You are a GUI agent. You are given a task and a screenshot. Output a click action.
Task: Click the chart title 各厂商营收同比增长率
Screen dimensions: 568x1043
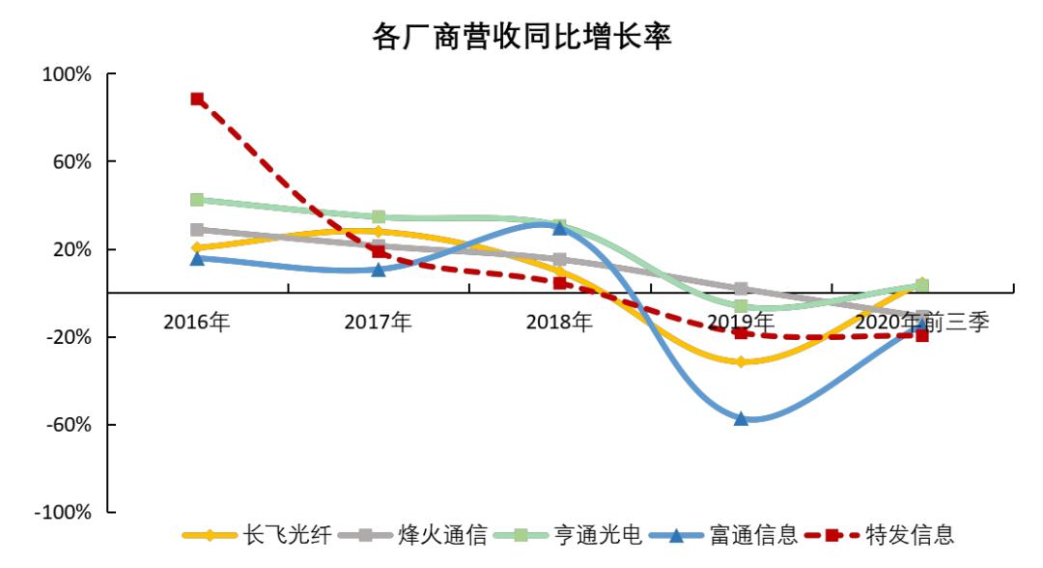click(521, 37)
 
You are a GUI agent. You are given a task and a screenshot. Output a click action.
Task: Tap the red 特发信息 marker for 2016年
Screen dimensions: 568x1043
click(197, 99)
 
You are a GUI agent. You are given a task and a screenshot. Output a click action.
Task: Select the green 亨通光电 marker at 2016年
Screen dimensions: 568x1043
click(197, 200)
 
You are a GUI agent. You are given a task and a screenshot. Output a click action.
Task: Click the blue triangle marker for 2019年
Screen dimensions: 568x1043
click(741, 418)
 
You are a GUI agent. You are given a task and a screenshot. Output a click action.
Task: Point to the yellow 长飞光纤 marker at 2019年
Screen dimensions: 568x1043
click(741, 362)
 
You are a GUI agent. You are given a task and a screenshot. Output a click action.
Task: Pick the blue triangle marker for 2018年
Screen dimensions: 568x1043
click(559, 227)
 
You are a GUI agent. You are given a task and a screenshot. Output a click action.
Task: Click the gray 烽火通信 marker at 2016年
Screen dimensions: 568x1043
click(197, 230)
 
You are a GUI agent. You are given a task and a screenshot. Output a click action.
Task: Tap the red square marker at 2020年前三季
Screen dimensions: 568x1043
click(922, 335)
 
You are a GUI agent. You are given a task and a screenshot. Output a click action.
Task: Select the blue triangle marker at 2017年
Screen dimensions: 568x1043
click(379, 269)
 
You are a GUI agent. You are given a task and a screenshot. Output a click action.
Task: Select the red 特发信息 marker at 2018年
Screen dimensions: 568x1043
click(559, 283)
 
